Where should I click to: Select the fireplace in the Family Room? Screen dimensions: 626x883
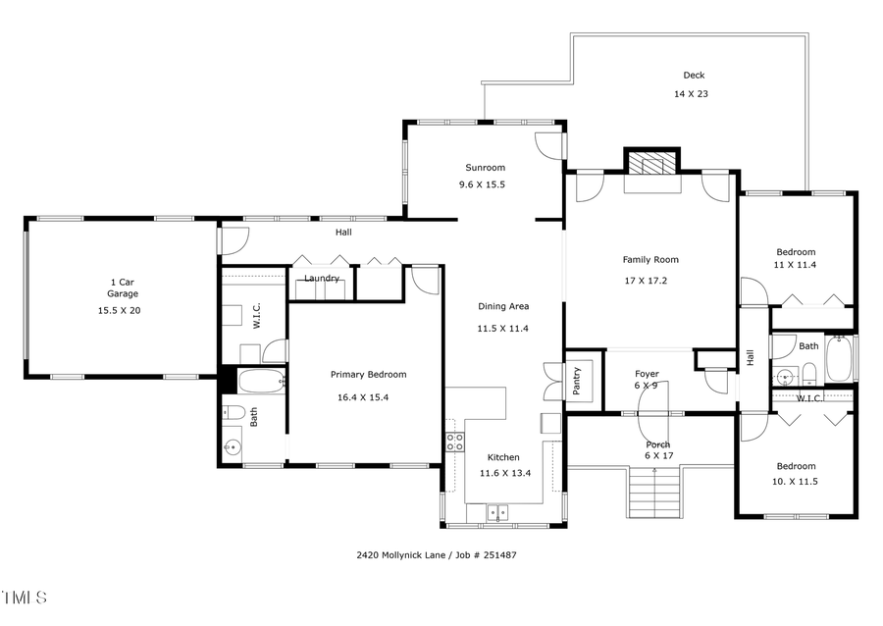coord(651,163)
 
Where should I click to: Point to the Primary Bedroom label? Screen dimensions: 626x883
coord(368,374)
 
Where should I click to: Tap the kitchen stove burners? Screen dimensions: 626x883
coord(455,441)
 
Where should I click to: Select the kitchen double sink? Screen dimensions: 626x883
coord(497,511)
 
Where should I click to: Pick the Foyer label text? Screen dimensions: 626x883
coord(647,374)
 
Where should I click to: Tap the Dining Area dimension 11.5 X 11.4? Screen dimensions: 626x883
coord(503,329)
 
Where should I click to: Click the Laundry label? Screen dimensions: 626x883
coord(322,279)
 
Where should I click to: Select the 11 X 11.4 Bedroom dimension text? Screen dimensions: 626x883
coord(796,265)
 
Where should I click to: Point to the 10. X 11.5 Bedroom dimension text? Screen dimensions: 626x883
coord(796,481)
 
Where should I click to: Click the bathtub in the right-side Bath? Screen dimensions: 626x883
coord(840,360)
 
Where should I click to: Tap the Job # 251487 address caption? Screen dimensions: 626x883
coord(436,555)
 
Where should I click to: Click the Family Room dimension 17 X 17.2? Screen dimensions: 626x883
coord(650,281)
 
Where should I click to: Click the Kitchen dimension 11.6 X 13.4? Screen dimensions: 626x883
coord(503,473)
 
